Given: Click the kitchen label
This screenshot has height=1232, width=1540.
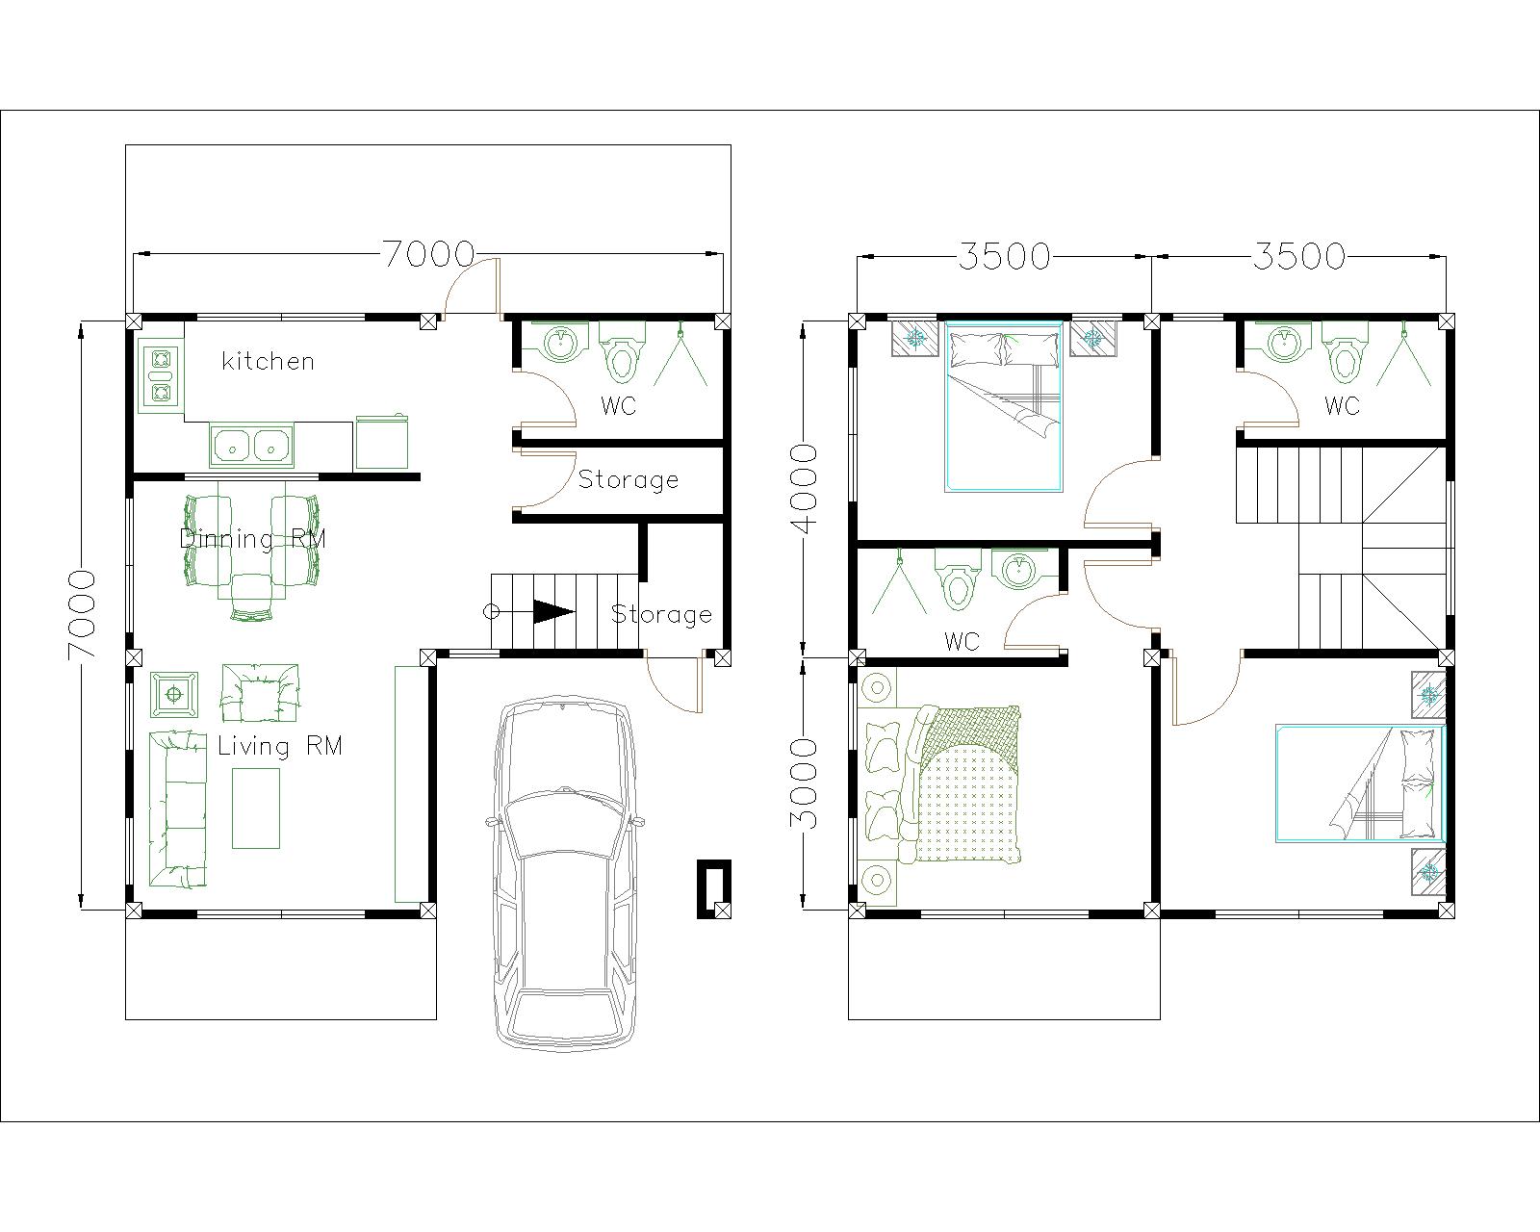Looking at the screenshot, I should point(268,361).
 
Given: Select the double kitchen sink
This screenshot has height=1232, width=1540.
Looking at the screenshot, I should point(252,445).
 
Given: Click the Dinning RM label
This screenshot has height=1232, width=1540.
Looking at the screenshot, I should point(252,538).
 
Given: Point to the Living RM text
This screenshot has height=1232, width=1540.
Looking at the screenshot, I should point(279,746).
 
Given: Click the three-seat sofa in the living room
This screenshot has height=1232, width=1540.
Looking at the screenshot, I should point(177,808).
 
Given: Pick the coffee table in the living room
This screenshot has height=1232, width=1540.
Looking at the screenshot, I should point(256,807).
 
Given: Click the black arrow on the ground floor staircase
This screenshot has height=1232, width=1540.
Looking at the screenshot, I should point(553,611).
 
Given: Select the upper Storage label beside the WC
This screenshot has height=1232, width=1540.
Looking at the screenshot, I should point(628,479).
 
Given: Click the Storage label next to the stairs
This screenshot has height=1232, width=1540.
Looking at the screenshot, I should point(661,614).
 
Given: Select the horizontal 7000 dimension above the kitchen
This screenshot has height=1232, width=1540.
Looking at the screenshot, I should point(428,254).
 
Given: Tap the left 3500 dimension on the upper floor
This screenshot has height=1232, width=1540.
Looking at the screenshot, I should point(1004,256).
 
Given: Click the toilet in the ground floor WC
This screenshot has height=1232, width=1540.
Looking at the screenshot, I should point(622,358).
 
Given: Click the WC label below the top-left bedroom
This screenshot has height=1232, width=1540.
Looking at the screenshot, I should point(962,641).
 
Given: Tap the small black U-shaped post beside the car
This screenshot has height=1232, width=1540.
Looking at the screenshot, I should point(713,888).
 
